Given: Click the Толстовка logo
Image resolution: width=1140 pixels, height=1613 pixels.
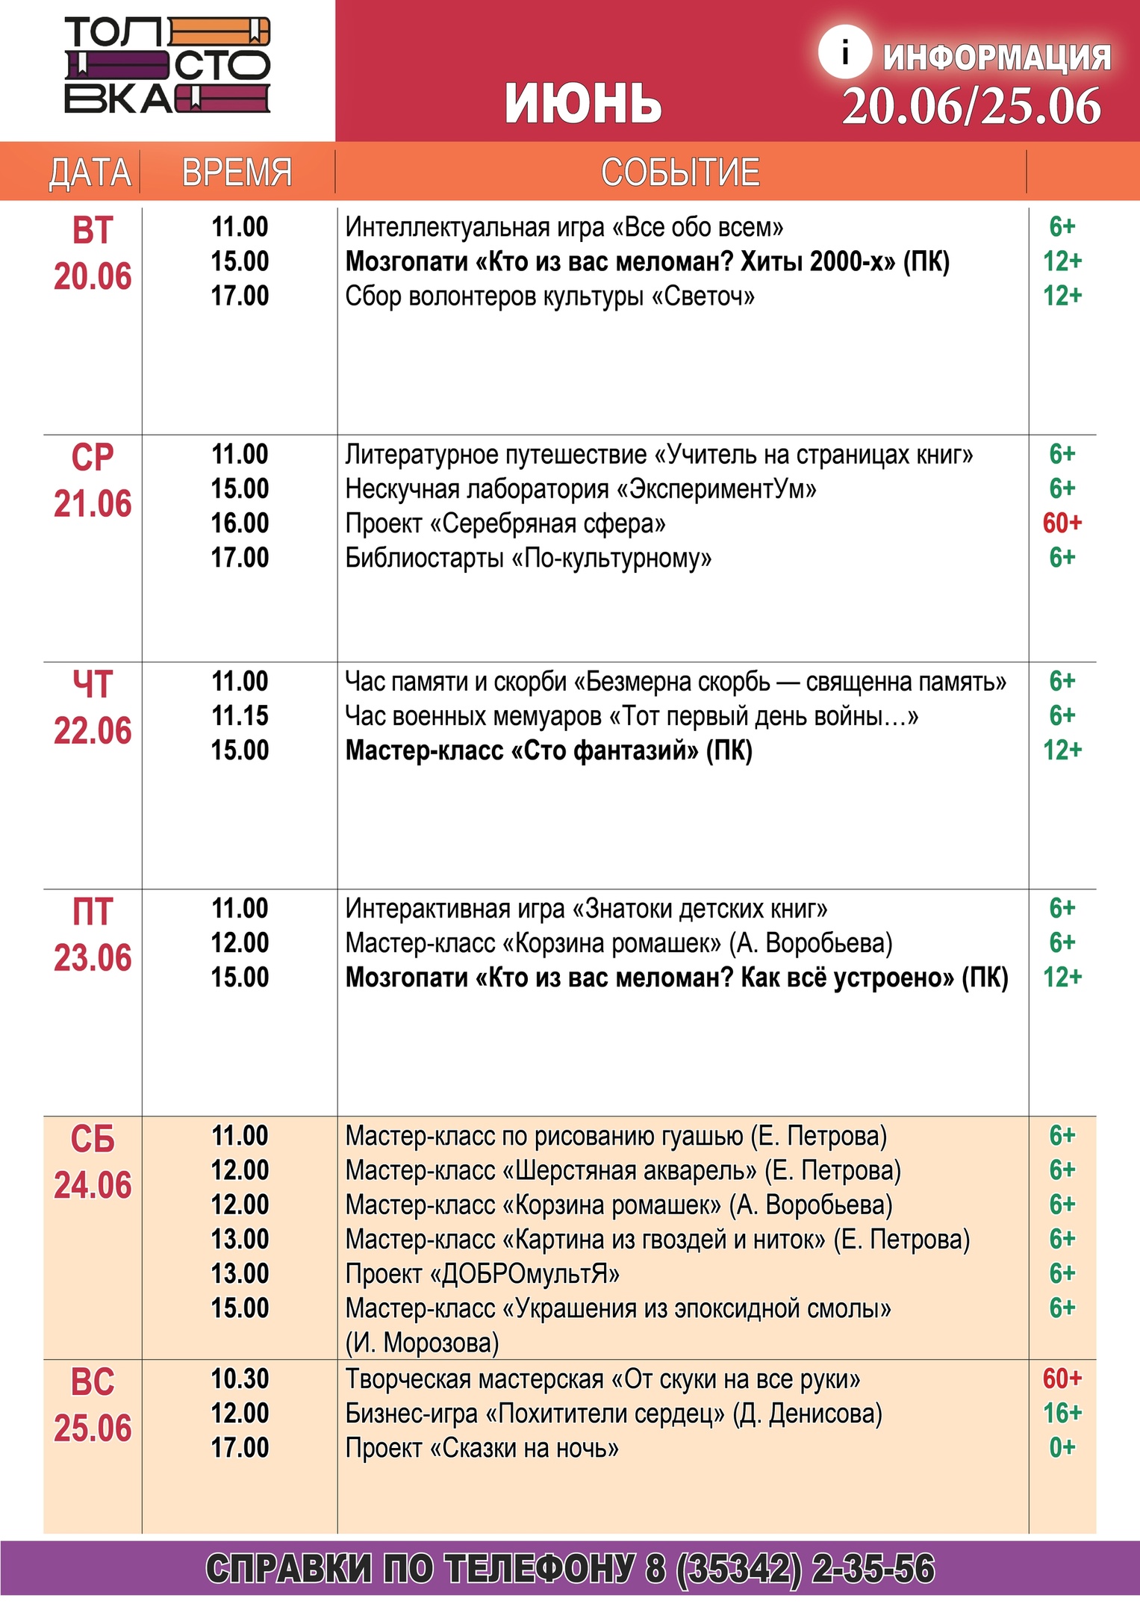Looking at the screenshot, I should (x=166, y=66).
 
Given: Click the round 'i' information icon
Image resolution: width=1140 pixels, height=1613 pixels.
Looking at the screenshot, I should (x=844, y=53).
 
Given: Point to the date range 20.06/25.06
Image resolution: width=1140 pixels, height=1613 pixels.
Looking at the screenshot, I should (x=971, y=106).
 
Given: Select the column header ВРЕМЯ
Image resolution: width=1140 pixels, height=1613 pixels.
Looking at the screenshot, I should (x=237, y=173).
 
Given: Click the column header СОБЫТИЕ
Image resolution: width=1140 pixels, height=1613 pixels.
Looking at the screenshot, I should (x=680, y=173).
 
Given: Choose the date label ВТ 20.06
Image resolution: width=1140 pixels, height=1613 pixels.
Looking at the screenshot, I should (x=93, y=254).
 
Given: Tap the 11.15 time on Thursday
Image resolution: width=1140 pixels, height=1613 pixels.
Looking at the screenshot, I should (x=240, y=716).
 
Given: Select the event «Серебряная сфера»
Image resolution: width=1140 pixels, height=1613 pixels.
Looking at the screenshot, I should (x=505, y=524).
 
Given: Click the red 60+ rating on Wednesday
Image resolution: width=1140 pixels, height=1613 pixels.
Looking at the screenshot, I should (x=1062, y=523).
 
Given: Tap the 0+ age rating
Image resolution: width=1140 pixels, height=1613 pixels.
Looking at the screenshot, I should (x=1062, y=1448).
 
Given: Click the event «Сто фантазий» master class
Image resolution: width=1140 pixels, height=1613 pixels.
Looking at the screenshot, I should (x=549, y=750).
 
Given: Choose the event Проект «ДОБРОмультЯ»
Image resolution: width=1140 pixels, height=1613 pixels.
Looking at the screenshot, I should (x=482, y=1274).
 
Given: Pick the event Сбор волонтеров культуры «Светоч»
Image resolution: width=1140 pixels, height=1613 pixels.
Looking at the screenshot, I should (x=549, y=296).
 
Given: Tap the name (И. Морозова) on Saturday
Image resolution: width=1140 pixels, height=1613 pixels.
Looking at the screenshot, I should (x=422, y=1343).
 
